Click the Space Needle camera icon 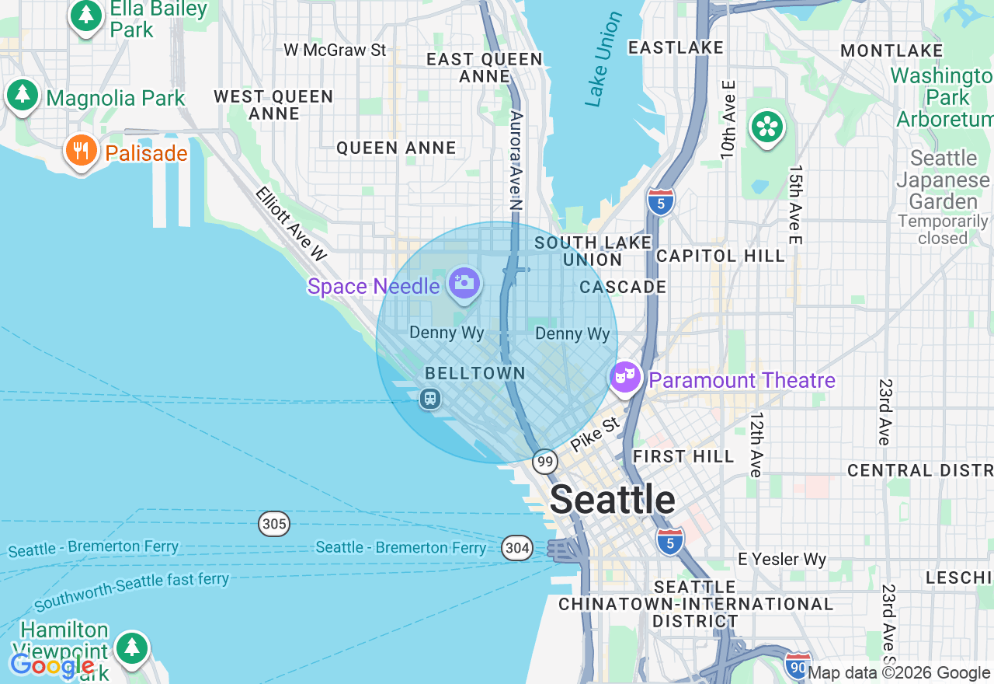coord(464,282)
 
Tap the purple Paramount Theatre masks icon coord(624,378)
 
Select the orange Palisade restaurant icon coord(81,150)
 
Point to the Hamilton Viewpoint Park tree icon coord(131,647)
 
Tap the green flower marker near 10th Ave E coord(766,127)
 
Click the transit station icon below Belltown coord(429,400)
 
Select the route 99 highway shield coord(545,462)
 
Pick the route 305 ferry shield coord(274,524)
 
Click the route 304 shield coord(516,549)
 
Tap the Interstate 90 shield coord(798,666)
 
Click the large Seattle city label coord(612,499)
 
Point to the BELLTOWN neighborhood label coord(475,373)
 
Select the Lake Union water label coord(603,59)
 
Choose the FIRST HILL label coord(683,456)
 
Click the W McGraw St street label coord(335,50)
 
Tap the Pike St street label coord(595,434)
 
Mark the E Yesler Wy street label coord(782,559)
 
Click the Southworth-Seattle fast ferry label coord(132,591)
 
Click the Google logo coord(52,665)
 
